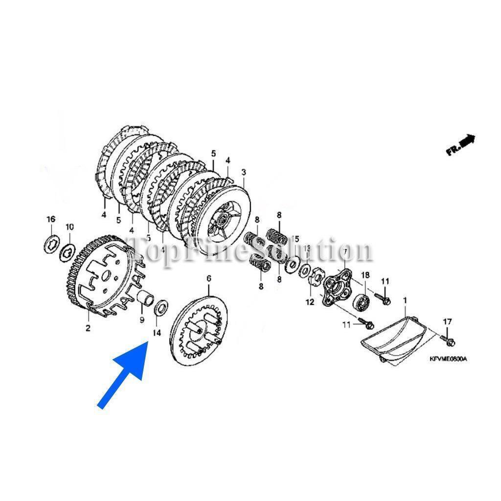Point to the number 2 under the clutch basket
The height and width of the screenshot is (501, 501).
click(88, 328)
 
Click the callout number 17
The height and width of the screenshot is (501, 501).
click(447, 321)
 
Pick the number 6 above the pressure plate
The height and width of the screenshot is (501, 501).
click(209, 278)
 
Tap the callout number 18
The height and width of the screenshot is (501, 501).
click(365, 275)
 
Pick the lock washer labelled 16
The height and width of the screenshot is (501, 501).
click(51, 243)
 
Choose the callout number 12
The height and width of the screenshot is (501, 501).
click(310, 302)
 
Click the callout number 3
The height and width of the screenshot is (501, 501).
click(244, 172)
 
